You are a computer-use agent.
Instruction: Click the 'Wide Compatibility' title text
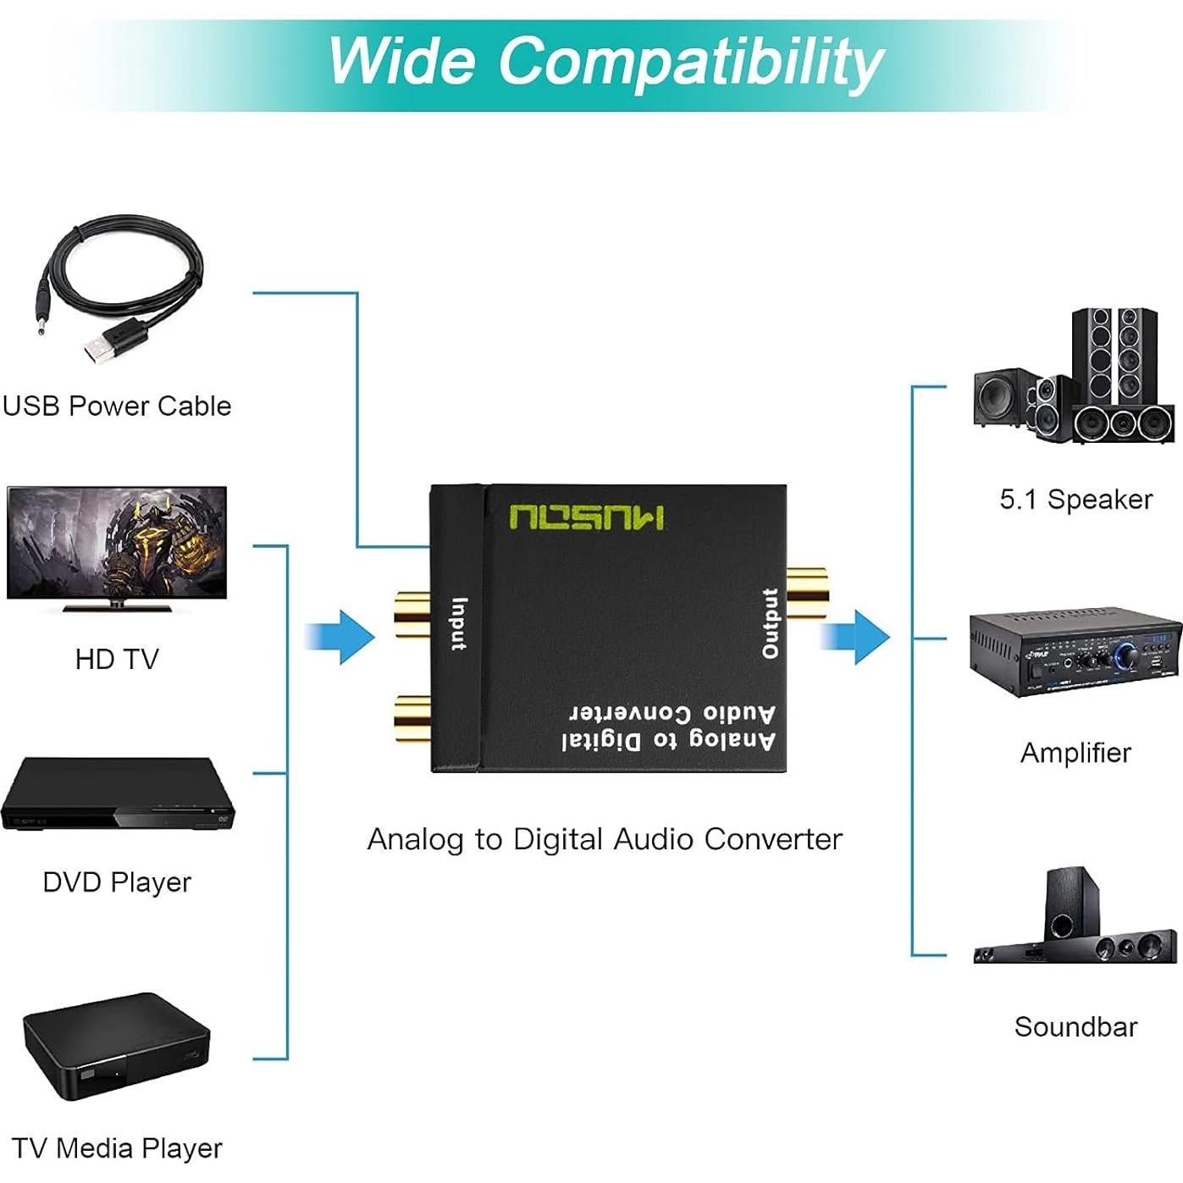click(x=605, y=61)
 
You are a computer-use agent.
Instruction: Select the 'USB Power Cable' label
click(x=117, y=406)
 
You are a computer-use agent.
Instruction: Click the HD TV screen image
click(x=117, y=542)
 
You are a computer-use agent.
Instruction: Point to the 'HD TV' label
click(x=117, y=659)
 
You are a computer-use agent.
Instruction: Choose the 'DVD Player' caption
click(x=117, y=882)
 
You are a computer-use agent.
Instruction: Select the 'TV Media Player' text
click(x=117, y=1148)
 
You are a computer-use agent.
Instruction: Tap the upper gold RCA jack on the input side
click(x=412, y=614)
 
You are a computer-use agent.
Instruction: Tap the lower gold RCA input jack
click(x=412, y=717)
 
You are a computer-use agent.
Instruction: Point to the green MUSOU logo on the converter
click(x=587, y=517)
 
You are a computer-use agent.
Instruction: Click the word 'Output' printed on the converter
click(x=770, y=623)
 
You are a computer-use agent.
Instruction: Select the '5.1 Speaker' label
click(x=1075, y=499)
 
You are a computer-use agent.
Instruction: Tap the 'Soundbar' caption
click(x=1075, y=1026)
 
